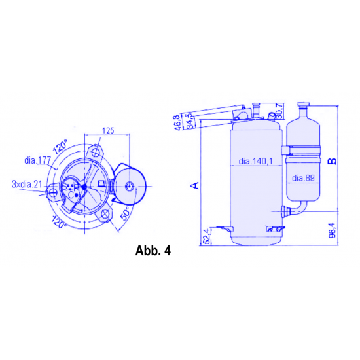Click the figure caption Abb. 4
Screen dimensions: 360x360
pyautogui.click(x=153, y=251)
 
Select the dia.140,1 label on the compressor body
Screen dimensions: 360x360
pyautogui.click(x=255, y=161)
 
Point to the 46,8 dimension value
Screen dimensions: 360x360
pyautogui.click(x=177, y=122)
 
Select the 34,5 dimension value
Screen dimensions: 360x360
pyautogui.click(x=189, y=121)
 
